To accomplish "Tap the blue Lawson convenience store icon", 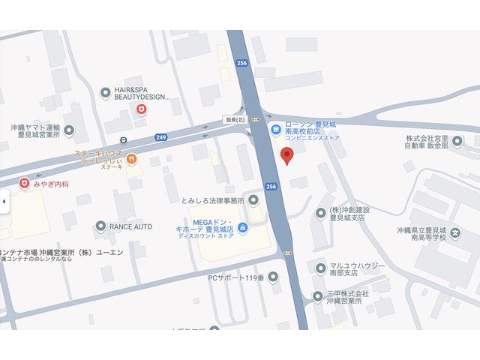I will pos(277,130).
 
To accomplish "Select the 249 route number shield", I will pos(161,137).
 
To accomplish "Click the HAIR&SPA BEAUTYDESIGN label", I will pos(142,93).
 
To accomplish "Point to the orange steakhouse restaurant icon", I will pos(132,158).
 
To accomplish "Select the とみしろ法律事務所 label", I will pos(214,200).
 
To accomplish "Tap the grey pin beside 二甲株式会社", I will pos(322,292).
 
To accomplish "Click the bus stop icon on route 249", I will pos(123,140).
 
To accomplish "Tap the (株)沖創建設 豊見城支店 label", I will pos(349,213).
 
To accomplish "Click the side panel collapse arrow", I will pos(3,201).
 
